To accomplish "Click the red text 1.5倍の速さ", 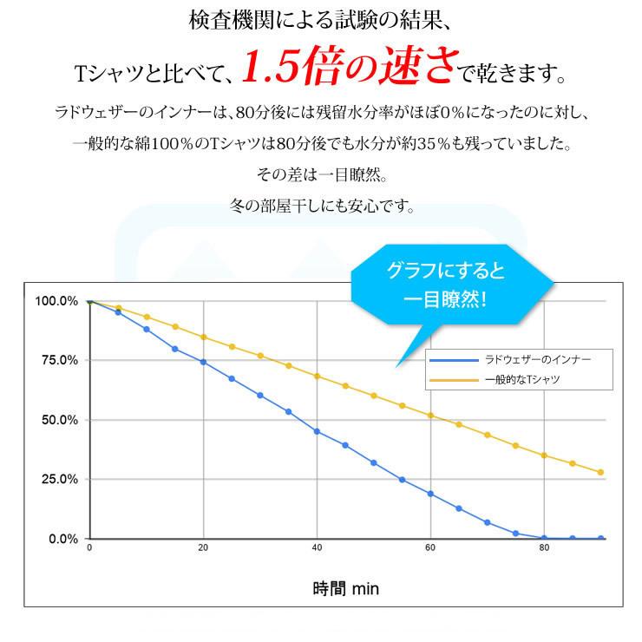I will click(x=346, y=69).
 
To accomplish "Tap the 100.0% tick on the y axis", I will click(x=56, y=301).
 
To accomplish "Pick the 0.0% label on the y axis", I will click(x=62, y=539).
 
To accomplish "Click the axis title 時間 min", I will click(x=346, y=588).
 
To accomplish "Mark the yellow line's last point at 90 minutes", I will click(x=600, y=473).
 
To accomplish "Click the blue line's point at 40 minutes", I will click(x=317, y=431).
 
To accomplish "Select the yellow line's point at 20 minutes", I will click(x=203, y=337).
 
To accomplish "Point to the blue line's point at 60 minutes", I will click(x=430, y=494).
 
